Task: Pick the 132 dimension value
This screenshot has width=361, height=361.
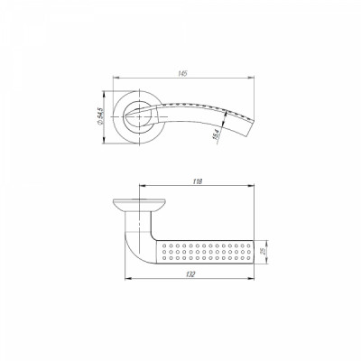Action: click(187, 279)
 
